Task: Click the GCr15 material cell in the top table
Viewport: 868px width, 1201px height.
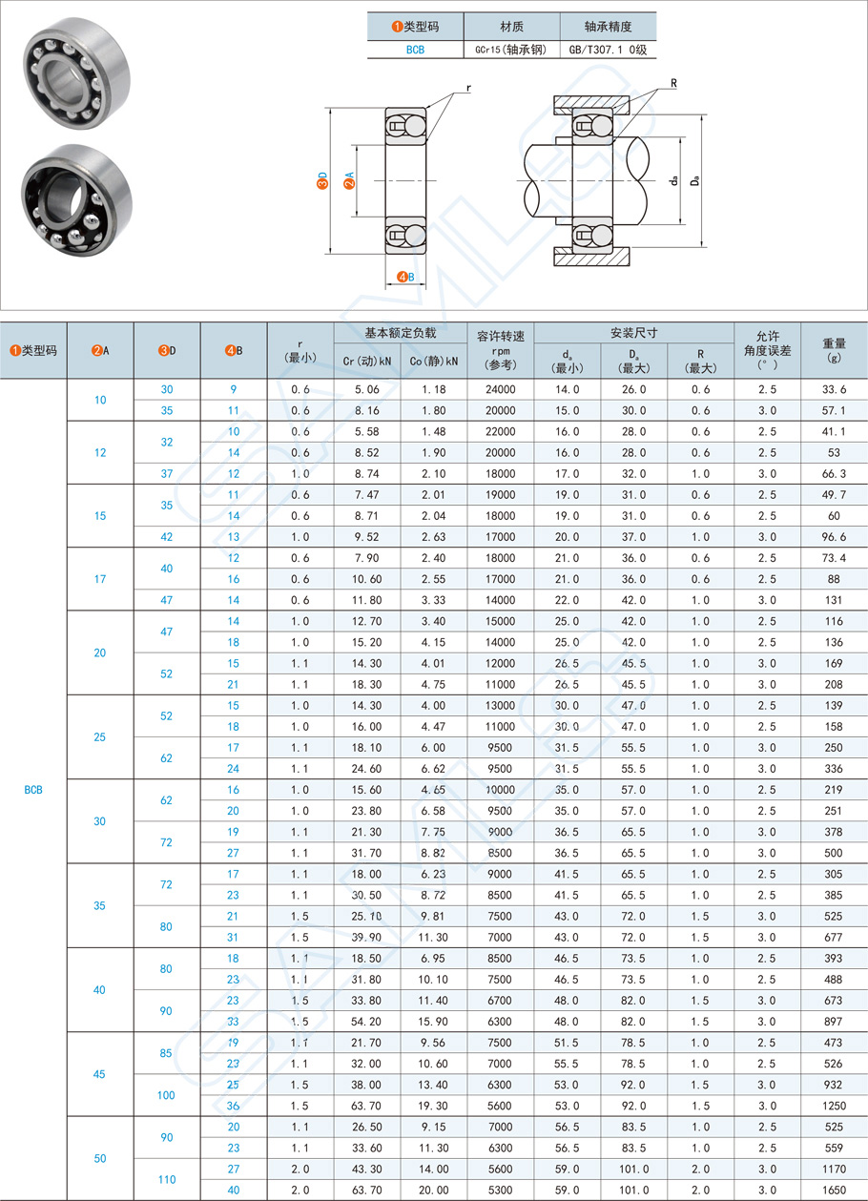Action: [510, 50]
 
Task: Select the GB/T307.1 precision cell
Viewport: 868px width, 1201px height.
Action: [608, 50]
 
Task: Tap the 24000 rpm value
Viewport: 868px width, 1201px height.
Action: [500, 390]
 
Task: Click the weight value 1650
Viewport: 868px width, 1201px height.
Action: [833, 1190]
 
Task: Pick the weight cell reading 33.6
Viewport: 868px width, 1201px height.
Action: [833, 390]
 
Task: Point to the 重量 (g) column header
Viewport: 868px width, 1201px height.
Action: [833, 350]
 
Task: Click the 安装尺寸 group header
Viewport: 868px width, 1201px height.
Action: [633, 334]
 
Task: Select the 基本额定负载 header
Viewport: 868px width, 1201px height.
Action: [400, 334]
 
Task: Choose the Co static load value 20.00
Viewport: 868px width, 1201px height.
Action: [433, 1190]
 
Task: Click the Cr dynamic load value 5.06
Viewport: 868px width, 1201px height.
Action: [366, 390]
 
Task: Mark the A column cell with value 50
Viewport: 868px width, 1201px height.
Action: [100, 1158]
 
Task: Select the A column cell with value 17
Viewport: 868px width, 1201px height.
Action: [100, 579]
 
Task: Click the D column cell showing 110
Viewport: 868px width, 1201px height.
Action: [167, 1179]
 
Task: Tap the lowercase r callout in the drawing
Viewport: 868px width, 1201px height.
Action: [468, 88]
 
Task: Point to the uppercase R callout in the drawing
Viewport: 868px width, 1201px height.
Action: [673, 83]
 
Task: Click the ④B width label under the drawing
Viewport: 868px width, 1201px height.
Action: [405, 277]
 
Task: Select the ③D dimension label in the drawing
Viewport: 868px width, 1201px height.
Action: [322, 179]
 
